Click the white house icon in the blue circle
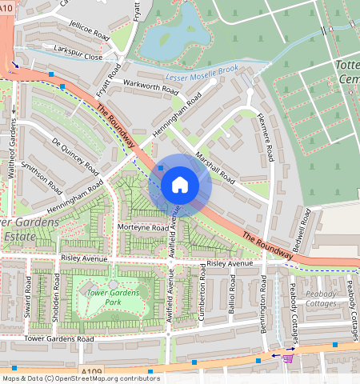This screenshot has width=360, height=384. pyautogui.click(x=180, y=185)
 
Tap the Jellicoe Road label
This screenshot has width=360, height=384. pyautogui.click(x=88, y=36)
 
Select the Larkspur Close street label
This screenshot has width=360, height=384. pyautogui.click(x=74, y=58)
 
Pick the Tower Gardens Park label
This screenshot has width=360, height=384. pyautogui.click(x=113, y=298)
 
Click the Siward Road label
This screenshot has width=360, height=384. pyautogui.click(x=30, y=294)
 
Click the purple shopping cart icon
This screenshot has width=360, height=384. pyautogui.click(x=287, y=358)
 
